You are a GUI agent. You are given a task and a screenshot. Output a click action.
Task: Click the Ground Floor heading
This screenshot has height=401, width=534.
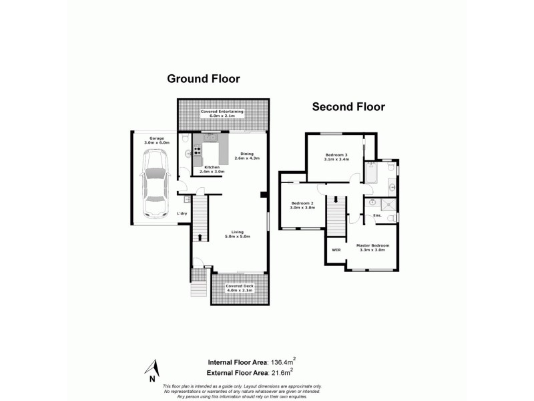click(x=203, y=79)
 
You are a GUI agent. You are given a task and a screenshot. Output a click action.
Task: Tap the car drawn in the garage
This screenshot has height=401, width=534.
click(x=155, y=184)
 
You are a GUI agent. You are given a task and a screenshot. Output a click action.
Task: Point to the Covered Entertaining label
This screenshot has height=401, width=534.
click(x=222, y=113)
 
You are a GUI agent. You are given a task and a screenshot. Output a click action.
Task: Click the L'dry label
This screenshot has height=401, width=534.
click(x=182, y=214)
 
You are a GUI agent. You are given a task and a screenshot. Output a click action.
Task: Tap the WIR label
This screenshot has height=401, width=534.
click(x=336, y=250)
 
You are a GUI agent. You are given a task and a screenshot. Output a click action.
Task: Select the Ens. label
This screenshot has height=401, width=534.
click(x=377, y=215)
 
